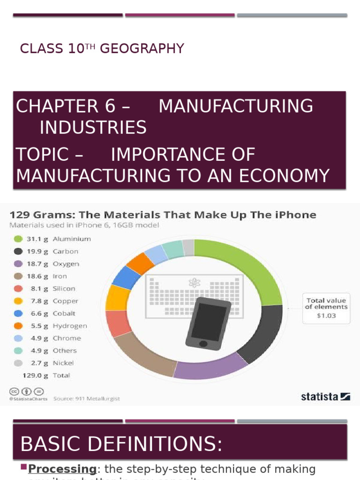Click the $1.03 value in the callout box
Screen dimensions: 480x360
[326, 316]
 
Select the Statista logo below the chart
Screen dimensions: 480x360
[325, 397]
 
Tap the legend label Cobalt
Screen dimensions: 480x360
[64, 313]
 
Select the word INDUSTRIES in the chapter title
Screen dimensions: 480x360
[93, 127]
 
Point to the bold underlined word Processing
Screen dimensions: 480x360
[62, 469]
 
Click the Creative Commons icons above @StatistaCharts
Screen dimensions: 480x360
[26, 391]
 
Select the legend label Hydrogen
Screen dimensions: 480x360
[69, 326]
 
